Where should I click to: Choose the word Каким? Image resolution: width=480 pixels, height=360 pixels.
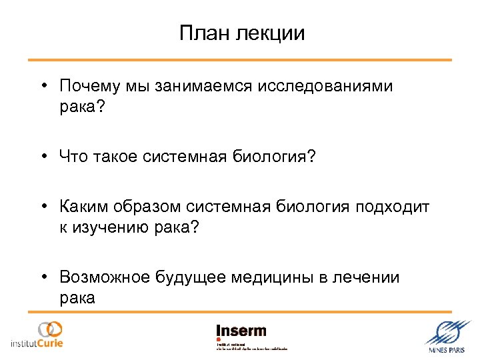click(82, 208)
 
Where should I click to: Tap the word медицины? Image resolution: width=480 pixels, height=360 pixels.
click(274, 277)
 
